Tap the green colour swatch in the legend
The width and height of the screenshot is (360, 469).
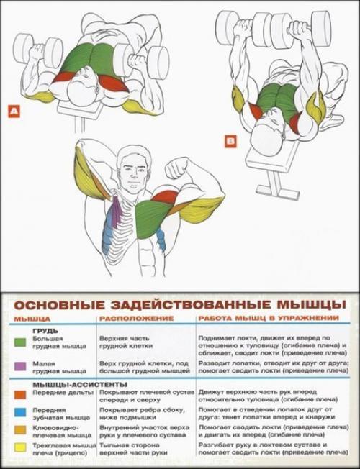(17, 342)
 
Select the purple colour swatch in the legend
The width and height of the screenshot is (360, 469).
(17, 366)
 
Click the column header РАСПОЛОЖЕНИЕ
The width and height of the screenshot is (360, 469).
(136, 317)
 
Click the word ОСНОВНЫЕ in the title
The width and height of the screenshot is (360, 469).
(53, 302)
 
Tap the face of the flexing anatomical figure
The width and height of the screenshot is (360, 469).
(134, 169)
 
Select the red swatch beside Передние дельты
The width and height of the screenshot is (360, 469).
(17, 394)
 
